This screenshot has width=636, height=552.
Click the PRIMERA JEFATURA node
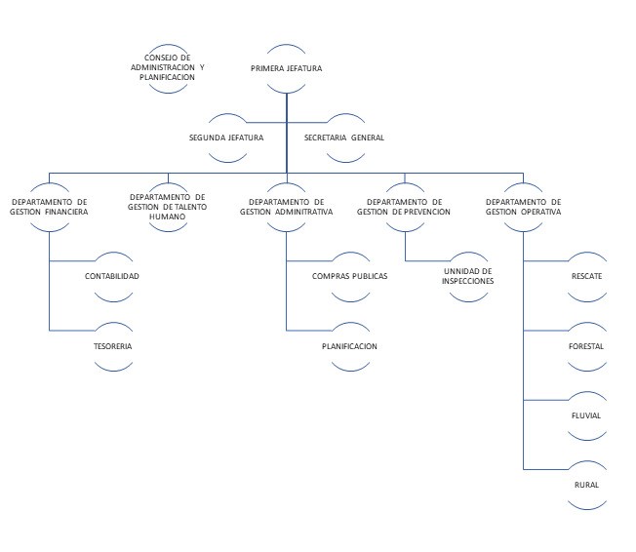(x=286, y=68)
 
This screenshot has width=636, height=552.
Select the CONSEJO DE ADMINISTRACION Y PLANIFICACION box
(x=168, y=68)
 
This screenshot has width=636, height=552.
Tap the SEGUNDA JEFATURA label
(x=226, y=138)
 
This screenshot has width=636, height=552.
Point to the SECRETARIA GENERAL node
(x=344, y=138)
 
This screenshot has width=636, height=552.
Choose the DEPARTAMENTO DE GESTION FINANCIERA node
(x=50, y=206)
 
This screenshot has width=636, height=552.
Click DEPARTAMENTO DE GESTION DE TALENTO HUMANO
(x=168, y=206)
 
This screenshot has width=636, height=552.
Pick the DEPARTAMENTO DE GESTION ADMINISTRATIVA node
(x=286, y=206)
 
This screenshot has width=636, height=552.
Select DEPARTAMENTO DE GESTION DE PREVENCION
(x=404, y=206)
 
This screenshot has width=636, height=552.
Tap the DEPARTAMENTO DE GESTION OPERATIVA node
(x=523, y=206)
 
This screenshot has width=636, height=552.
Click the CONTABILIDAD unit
(x=111, y=276)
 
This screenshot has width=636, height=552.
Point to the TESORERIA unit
(x=111, y=346)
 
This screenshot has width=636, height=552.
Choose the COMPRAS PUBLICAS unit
(x=349, y=276)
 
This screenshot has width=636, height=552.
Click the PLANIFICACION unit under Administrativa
(x=349, y=346)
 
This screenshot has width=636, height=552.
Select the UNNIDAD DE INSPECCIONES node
(x=468, y=276)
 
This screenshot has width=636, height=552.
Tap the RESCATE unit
(x=586, y=276)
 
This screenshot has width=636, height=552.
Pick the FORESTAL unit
(x=586, y=346)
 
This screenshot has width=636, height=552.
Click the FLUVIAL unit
(x=586, y=415)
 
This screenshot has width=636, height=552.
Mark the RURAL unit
(x=586, y=485)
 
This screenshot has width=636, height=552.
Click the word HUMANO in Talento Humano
(x=168, y=217)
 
